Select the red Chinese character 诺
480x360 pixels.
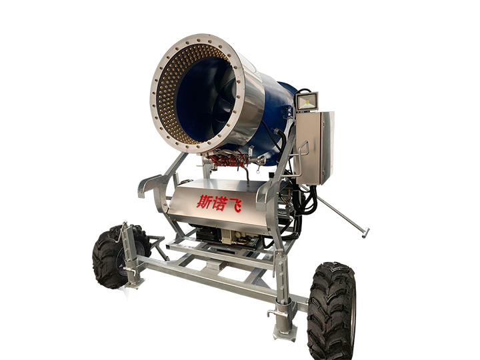point(219,203)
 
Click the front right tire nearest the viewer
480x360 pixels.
point(331,311)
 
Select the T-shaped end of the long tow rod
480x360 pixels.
point(365,233)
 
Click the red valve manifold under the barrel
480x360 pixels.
point(227,160)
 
